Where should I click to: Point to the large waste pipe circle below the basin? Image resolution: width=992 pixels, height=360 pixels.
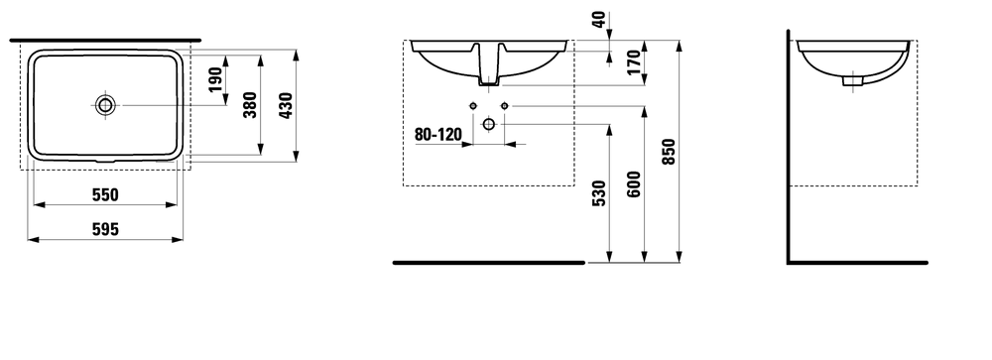coord(488,123)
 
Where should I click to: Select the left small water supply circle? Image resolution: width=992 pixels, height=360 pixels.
coord(473,106)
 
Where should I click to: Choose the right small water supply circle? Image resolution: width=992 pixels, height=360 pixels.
coord(504,106)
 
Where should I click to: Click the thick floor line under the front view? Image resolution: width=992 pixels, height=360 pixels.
coord(489,263)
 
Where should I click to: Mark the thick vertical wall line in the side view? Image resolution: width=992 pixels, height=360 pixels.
coord(788,149)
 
